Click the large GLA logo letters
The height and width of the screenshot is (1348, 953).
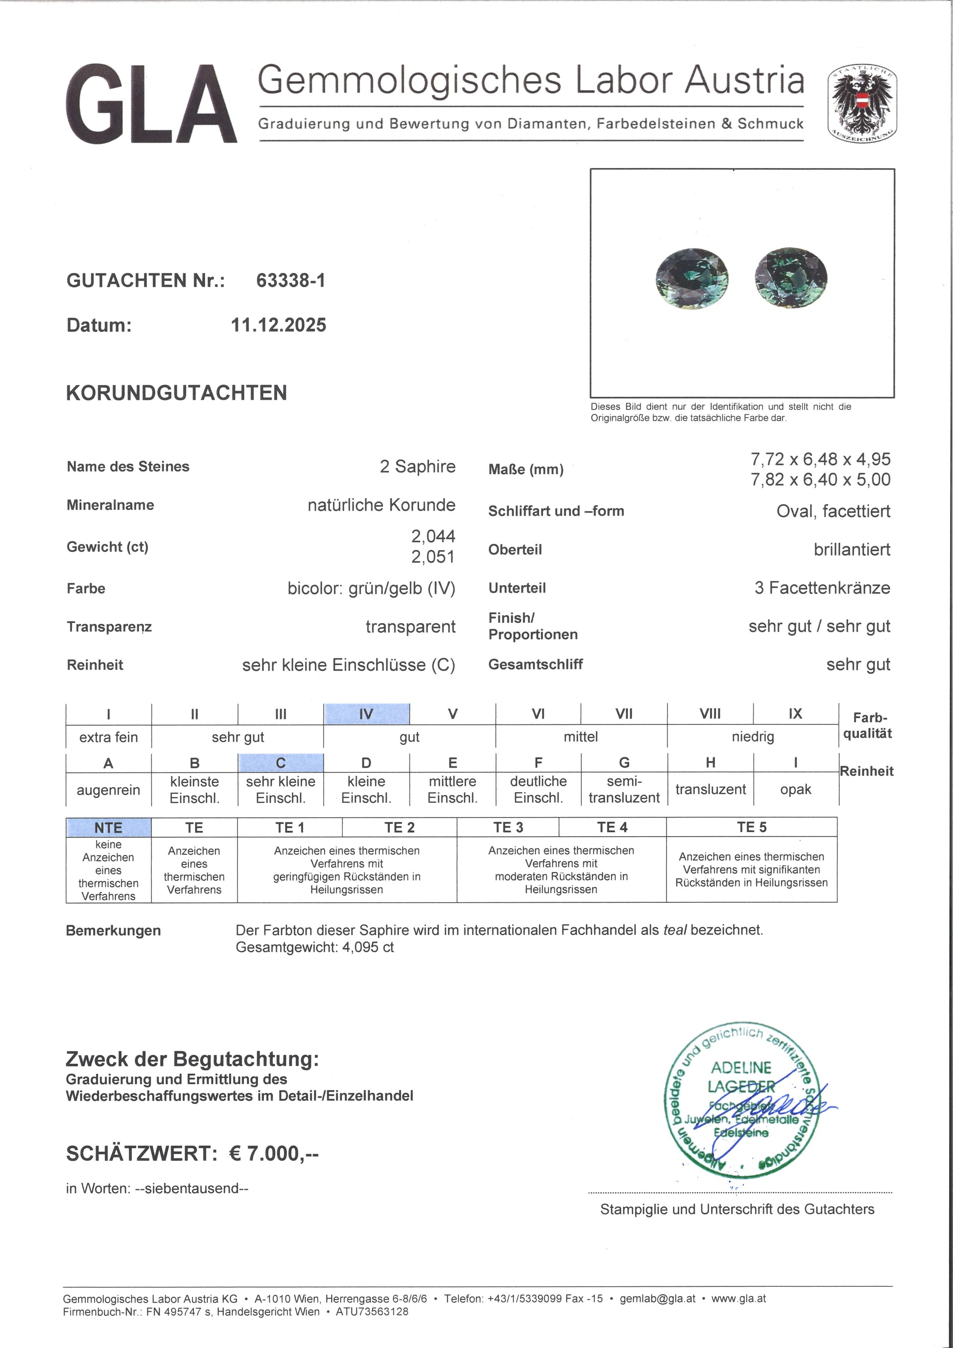click(x=151, y=104)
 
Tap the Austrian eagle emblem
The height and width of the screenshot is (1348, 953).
click(x=861, y=103)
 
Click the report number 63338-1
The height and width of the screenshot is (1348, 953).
click(x=290, y=281)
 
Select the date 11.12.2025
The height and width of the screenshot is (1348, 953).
click(x=278, y=325)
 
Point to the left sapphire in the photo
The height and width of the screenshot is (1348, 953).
click(x=692, y=278)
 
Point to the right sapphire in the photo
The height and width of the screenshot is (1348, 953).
click(x=791, y=278)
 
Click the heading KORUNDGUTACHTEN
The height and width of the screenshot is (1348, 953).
click(x=176, y=393)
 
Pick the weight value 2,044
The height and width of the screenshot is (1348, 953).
click(x=433, y=536)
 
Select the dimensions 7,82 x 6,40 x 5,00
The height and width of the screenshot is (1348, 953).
click(x=820, y=480)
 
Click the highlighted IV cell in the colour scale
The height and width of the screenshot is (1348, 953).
click(x=366, y=714)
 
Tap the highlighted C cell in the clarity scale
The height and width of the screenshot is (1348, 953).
click(x=281, y=763)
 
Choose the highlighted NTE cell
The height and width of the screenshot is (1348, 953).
click(x=109, y=827)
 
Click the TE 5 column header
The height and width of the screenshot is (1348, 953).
click(x=751, y=827)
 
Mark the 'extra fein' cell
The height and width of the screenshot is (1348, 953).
click(x=109, y=737)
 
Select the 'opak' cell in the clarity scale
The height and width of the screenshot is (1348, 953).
click(x=795, y=790)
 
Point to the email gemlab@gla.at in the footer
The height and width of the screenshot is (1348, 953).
click(x=657, y=1299)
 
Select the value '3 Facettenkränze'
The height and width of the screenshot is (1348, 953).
click(x=822, y=588)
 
